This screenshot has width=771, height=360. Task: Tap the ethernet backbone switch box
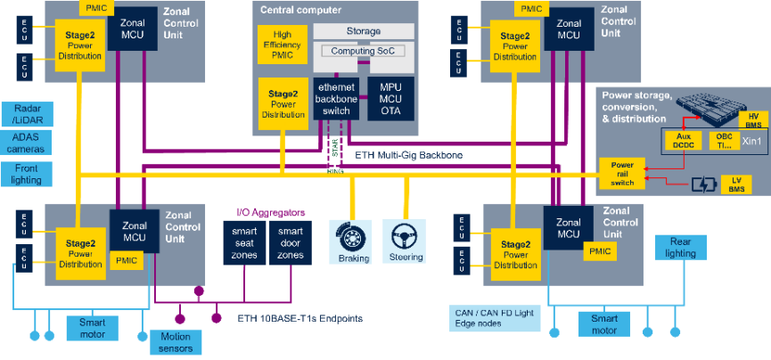tap(336, 98)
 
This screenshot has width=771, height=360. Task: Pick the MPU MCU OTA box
tap(390, 98)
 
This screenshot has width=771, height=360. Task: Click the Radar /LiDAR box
tap(28, 113)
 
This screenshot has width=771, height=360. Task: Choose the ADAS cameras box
tap(28, 143)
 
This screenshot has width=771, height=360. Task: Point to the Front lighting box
tap(28, 173)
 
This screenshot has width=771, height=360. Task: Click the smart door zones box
tap(289, 242)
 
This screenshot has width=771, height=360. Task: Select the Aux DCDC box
tap(682, 141)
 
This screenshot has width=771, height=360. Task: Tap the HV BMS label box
tap(752, 119)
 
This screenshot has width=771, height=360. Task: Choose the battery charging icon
tap(703, 185)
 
